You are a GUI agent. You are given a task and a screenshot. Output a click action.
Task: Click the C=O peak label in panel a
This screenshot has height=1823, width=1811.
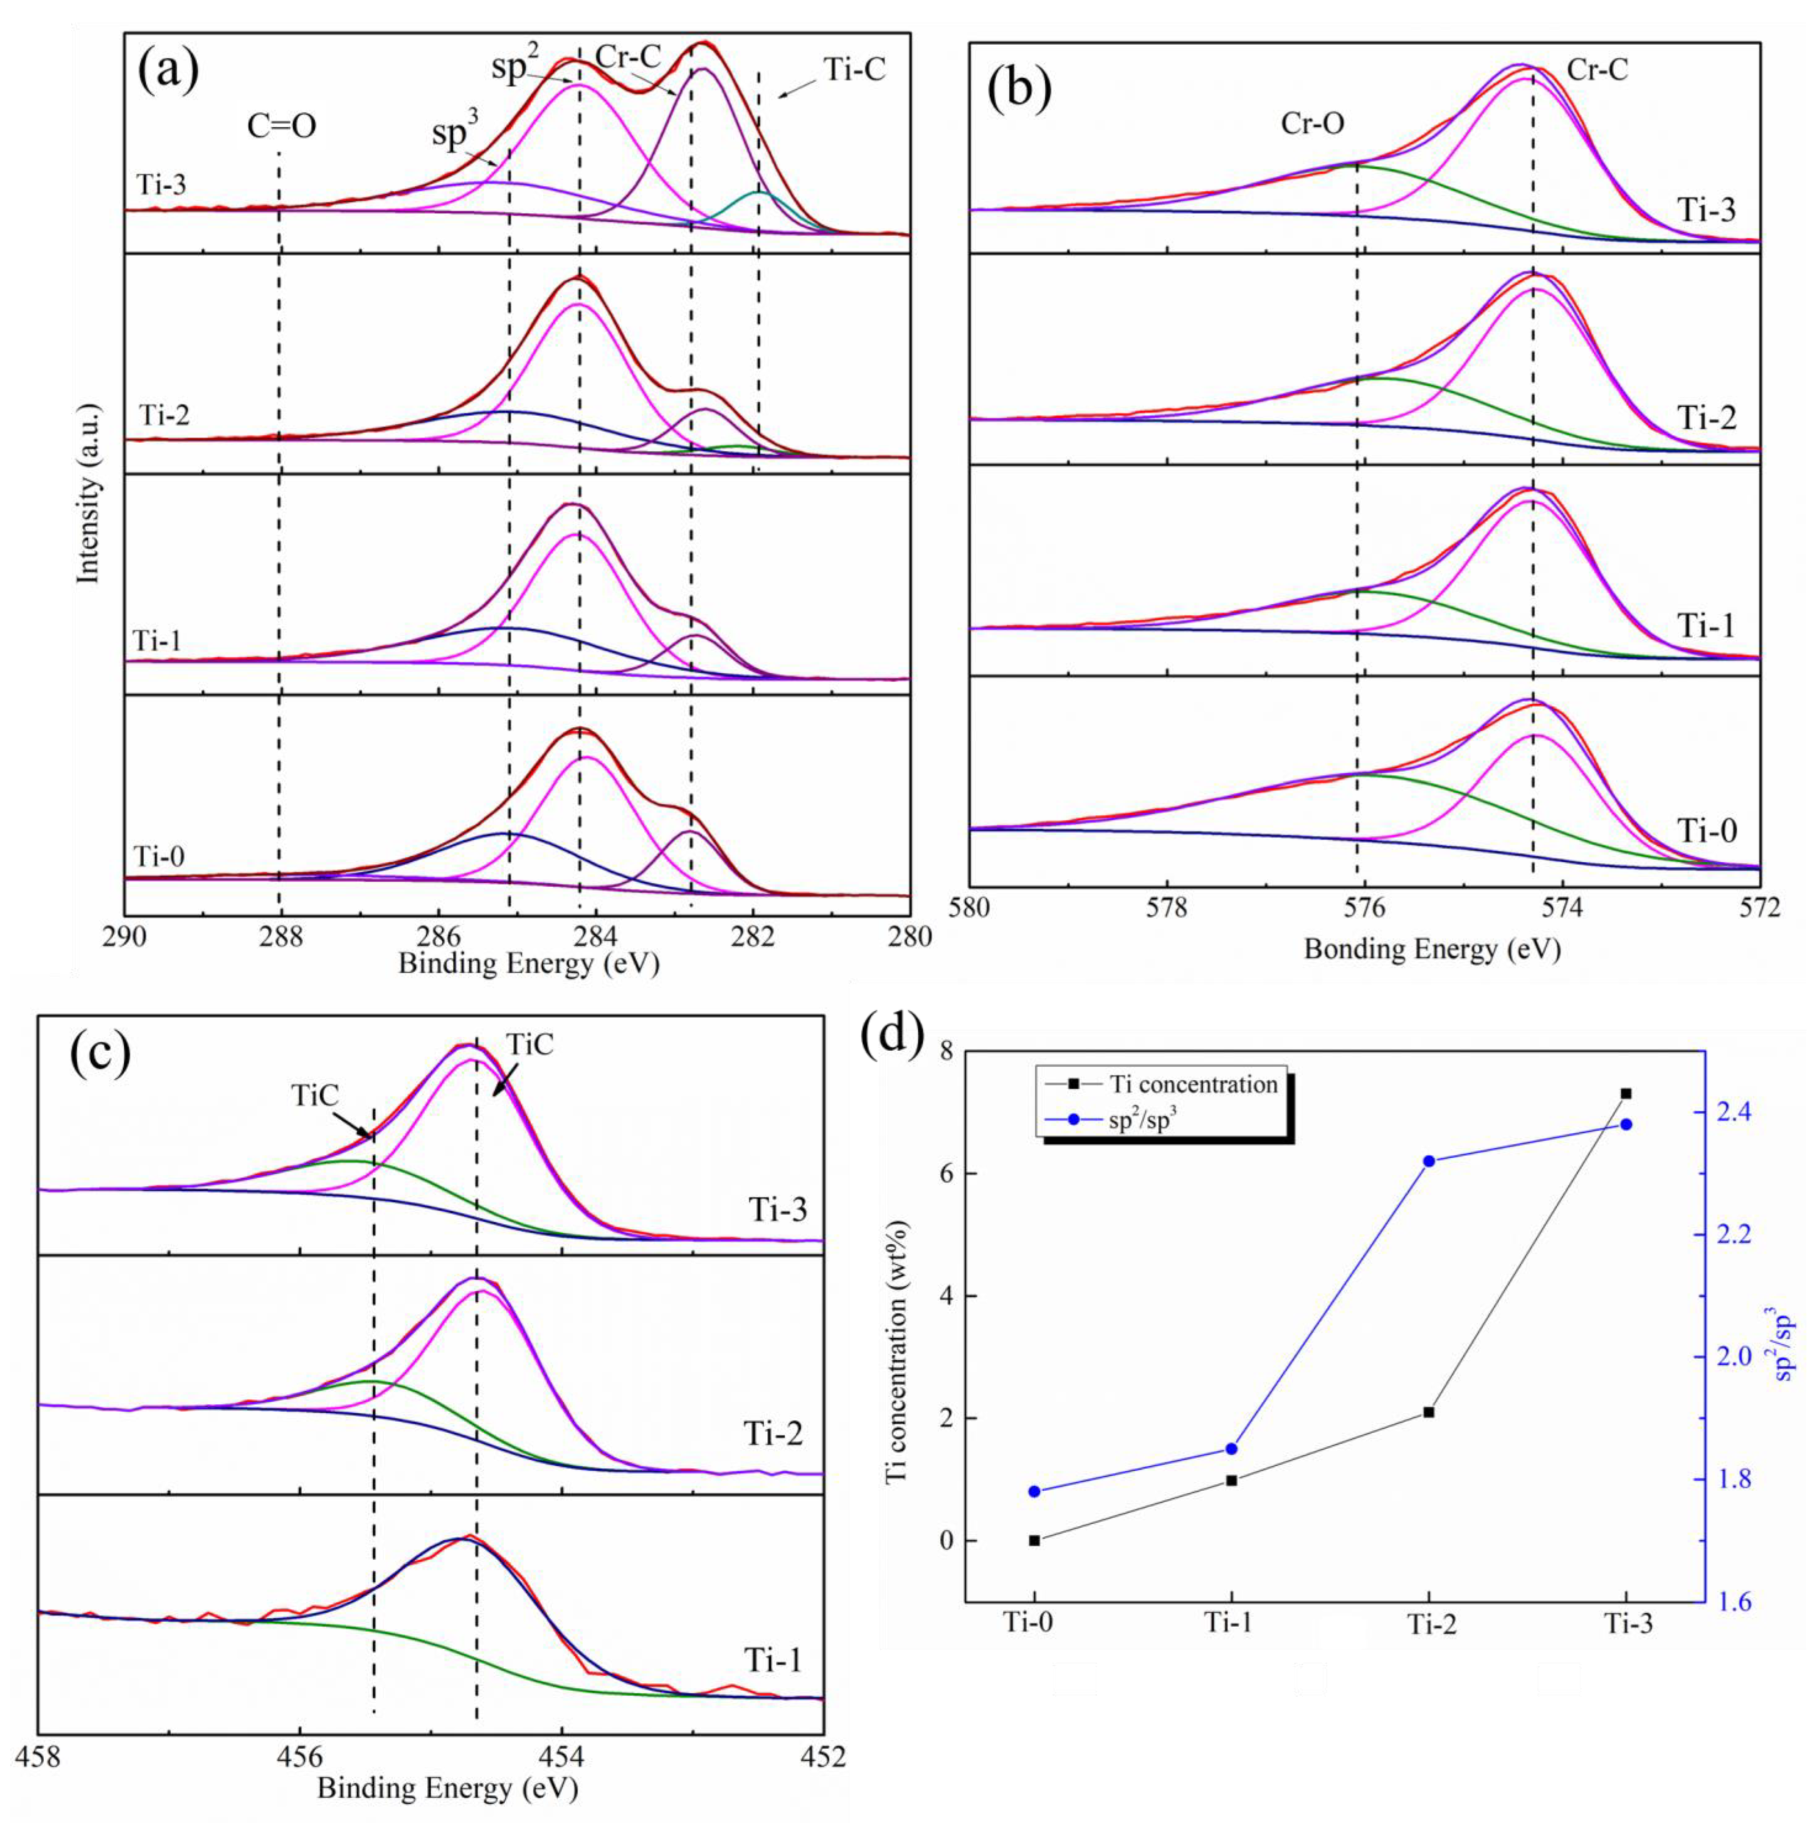point(281,126)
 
